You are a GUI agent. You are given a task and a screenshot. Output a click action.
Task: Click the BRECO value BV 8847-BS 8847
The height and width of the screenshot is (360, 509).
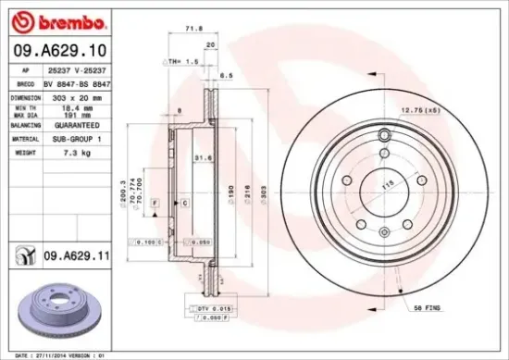tap(77, 82)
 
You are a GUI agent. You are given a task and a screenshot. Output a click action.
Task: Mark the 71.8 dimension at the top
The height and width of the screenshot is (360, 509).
tap(194, 29)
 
